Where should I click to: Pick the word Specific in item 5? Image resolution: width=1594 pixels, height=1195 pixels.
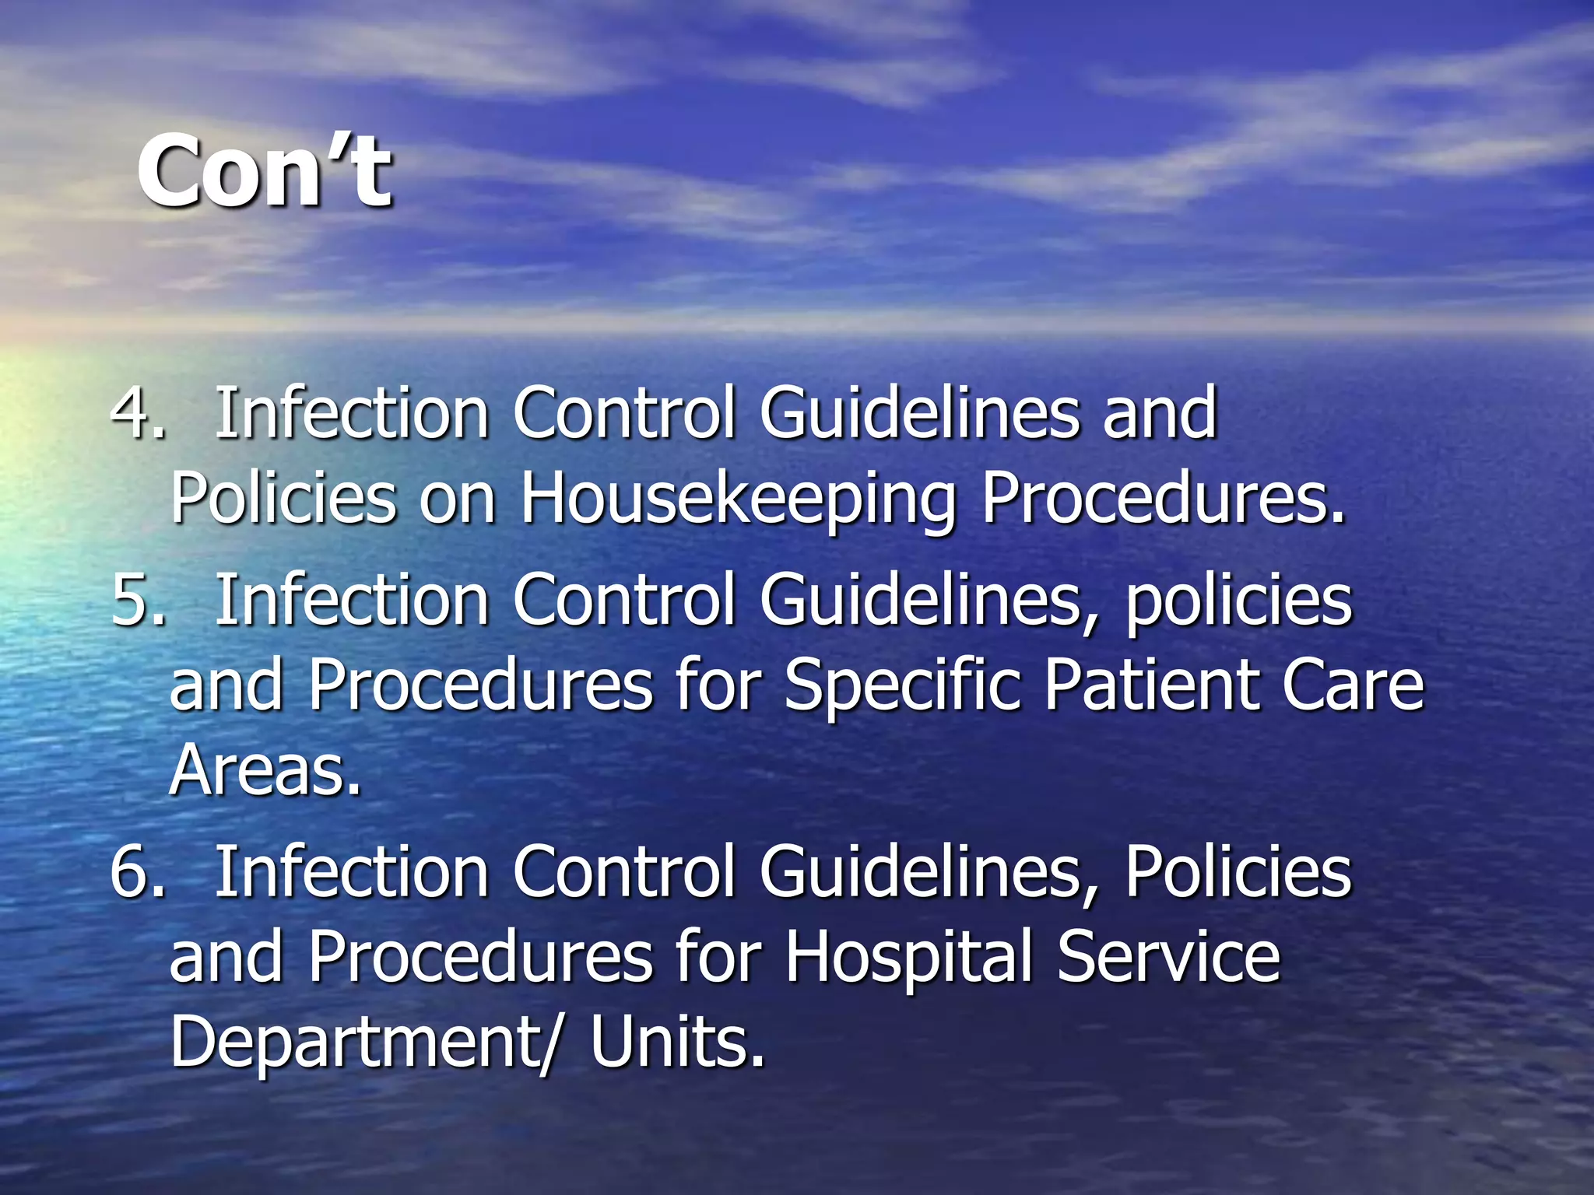pos(902,685)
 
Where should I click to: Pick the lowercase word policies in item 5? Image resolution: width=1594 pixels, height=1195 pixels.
pos(1239,601)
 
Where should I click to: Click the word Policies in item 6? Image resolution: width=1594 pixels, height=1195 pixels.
pos(1238,872)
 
